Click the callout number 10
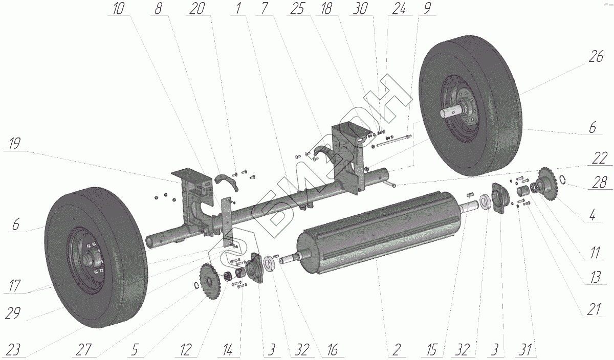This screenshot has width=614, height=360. point(118,10)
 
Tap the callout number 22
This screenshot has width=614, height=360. point(600,159)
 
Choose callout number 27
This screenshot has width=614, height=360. point(84,351)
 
